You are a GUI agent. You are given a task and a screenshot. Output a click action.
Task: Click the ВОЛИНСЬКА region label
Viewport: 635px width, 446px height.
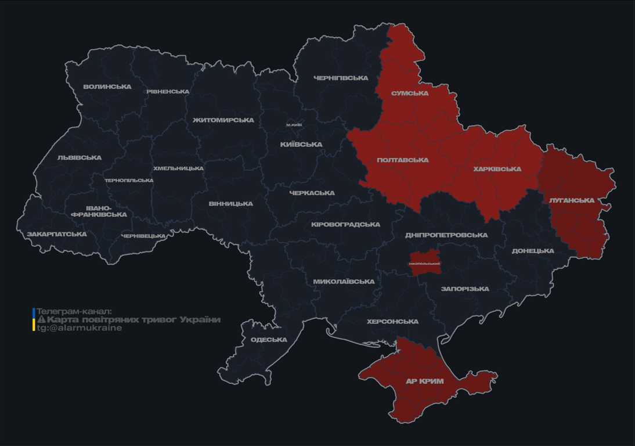[107, 87]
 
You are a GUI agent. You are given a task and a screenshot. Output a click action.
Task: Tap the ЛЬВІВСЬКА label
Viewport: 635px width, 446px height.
[80, 158]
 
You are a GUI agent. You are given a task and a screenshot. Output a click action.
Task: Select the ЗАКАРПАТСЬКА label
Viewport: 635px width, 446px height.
[57, 235]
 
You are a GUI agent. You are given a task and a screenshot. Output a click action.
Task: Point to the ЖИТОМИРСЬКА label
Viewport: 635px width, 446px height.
[223, 120]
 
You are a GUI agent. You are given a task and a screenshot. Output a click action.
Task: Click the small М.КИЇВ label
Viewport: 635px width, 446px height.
[294, 125]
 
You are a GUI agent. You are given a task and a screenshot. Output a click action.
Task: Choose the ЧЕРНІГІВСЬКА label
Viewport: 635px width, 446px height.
[341, 78]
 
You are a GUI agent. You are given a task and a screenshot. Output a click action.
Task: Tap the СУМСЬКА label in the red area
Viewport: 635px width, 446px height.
[410, 93]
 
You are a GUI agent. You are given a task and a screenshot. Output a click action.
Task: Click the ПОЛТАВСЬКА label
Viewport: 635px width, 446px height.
[403, 160]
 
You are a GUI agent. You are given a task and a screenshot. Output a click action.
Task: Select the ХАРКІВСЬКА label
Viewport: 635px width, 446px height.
[497, 170]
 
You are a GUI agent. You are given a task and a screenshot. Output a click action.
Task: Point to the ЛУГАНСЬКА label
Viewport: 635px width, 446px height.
[572, 200]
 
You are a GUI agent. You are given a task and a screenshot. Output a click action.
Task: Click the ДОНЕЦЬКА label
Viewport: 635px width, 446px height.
[533, 251]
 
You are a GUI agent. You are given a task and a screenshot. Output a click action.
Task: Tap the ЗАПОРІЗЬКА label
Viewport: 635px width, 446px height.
[465, 289]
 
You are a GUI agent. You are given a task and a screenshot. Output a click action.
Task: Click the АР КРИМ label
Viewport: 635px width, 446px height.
[425, 382]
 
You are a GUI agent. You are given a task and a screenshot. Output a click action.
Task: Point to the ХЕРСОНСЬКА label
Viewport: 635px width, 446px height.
[393, 322]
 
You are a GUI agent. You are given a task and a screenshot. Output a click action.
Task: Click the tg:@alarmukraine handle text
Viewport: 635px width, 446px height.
[80, 328]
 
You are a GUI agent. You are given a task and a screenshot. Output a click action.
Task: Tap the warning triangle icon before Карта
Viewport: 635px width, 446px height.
[41, 320]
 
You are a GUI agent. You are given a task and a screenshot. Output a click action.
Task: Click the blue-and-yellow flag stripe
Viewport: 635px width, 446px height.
[34, 319]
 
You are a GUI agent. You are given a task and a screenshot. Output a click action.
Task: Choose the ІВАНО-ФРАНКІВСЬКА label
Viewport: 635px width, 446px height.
[99, 211]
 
